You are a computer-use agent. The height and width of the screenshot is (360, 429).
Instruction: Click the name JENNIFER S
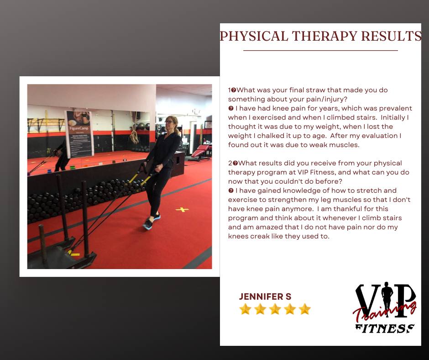pyautogui.click(x=265, y=296)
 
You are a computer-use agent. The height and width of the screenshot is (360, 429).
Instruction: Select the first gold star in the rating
pyautogui.click(x=246, y=309)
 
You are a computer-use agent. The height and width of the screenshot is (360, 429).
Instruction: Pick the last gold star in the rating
pyautogui.click(x=304, y=309)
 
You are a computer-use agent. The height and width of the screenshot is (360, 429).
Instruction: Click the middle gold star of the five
pyautogui.click(x=275, y=309)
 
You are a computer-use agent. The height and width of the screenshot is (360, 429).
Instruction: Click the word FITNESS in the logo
pyautogui.click(x=385, y=328)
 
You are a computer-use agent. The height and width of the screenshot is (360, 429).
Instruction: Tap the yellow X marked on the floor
pyautogui.click(x=182, y=210)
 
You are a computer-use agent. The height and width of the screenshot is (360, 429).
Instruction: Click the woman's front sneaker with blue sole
pyautogui.click(x=148, y=224)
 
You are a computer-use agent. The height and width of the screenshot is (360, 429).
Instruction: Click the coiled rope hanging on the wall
pyautogui.click(x=134, y=137)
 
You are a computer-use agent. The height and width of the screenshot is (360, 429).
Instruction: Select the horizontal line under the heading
pyautogui.click(x=320, y=50)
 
